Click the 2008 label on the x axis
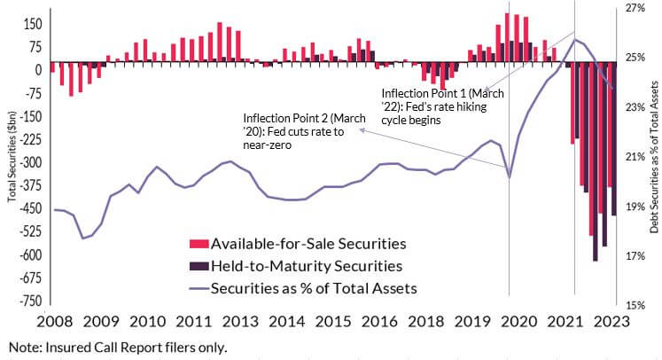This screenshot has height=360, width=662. click(54, 322)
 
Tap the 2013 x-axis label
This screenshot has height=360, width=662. click(240, 322)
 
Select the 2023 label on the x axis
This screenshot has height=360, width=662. click(611, 322)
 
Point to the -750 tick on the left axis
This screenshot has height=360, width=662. click(30, 301)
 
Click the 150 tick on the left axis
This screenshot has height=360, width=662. click(33, 24)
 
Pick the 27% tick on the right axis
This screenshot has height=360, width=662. click(635, 8)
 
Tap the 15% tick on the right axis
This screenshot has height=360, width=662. click(635, 305)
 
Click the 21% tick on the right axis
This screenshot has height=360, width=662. click(635, 157)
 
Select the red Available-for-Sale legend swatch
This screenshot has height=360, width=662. click(199, 244)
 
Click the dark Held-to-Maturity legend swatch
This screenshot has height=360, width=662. click(199, 266)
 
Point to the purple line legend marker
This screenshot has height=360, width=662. click(199, 288)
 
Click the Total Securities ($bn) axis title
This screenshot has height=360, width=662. click(12, 156)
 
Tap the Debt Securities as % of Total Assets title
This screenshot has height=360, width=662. click(654, 157)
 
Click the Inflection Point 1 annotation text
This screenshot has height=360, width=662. click(442, 106)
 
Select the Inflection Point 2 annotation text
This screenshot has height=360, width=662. click(304, 131)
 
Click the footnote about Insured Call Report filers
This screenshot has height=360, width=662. click(118, 348)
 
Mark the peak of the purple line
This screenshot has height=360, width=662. click(574, 40)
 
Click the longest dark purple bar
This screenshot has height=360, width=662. click(596, 161)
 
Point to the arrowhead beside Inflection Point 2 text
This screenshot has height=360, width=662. click(362, 130)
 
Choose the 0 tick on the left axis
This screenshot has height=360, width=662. click(38, 70)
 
